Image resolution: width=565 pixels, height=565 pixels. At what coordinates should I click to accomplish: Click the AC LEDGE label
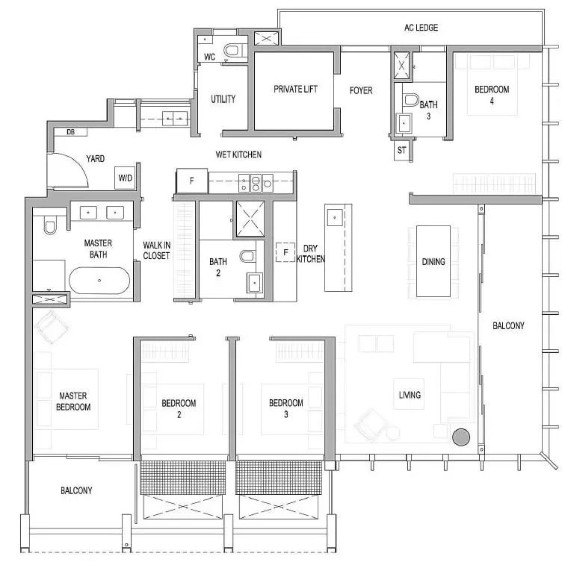pyautogui.click(x=421, y=28)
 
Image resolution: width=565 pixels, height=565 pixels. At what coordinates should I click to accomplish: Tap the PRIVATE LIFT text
pyautogui.click(x=295, y=89)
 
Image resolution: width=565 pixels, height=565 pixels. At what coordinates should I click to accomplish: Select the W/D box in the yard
pyautogui.click(x=126, y=178)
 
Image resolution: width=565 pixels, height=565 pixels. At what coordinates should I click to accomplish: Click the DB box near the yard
pyautogui.click(x=71, y=132)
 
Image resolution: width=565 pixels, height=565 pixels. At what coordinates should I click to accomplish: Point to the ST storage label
pyautogui.click(x=401, y=150)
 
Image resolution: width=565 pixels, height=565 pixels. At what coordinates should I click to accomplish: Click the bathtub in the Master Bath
pyautogui.click(x=99, y=281)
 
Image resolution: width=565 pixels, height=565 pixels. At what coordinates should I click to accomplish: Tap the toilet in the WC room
pyautogui.click(x=232, y=51)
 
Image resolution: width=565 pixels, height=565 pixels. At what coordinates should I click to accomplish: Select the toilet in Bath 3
pyautogui.click(x=410, y=100)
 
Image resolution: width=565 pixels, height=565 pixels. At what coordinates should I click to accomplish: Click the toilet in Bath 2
pyautogui.click(x=247, y=256)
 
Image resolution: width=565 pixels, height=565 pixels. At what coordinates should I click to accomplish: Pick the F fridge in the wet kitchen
pyautogui.click(x=192, y=181)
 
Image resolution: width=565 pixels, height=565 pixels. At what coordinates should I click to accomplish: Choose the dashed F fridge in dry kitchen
pyautogui.click(x=285, y=252)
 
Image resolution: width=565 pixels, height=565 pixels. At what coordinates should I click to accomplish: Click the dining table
pyautogui.click(x=433, y=261)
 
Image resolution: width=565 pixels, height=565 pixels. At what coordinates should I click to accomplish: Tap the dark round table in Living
pyautogui.click(x=461, y=437)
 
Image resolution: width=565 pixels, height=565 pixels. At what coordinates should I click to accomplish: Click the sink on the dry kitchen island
pyautogui.click(x=335, y=218)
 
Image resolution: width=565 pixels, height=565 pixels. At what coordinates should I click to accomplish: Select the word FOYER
pyautogui.click(x=361, y=90)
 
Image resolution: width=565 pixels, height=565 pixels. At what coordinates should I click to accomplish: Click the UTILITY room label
pyautogui.click(x=223, y=99)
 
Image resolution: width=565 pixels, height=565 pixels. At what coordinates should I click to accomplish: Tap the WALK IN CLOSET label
pyautogui.click(x=156, y=251)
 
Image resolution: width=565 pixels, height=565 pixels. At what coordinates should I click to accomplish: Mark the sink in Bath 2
pyautogui.click(x=255, y=282)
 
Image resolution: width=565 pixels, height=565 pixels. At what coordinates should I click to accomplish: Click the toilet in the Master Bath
pyautogui.click(x=50, y=226)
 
